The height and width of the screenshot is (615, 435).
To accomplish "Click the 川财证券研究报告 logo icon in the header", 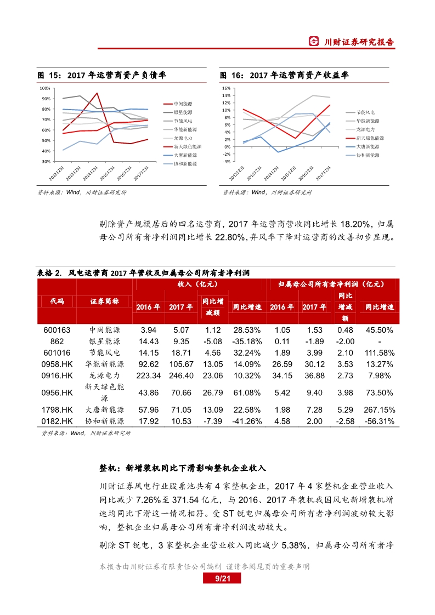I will [x=314, y=42].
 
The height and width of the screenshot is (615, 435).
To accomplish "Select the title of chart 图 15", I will [x=101, y=76].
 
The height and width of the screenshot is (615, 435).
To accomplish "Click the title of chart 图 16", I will [x=284, y=76].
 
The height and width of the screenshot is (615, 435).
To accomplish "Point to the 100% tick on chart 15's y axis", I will [x=46, y=88].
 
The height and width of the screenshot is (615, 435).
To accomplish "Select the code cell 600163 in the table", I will [x=57, y=330].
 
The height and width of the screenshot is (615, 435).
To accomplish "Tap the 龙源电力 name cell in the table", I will [x=105, y=375].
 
